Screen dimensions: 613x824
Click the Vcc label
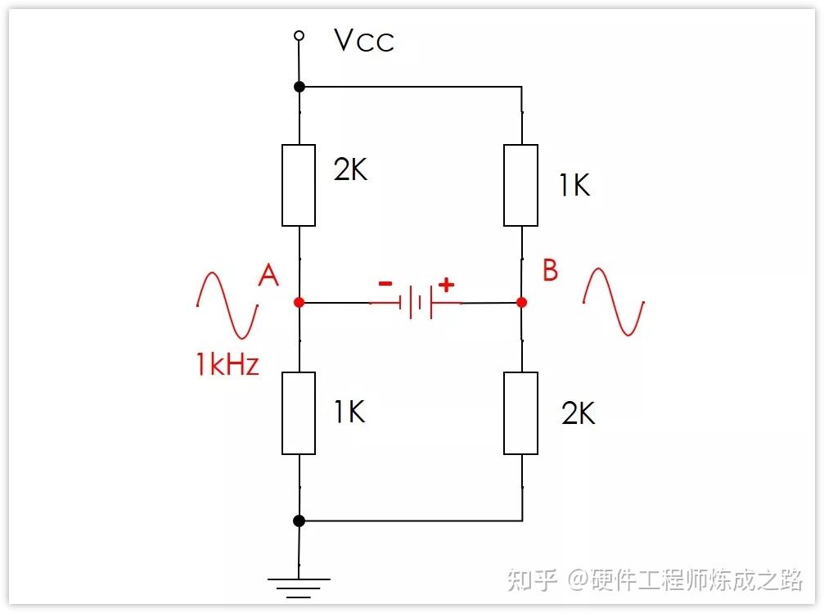coord(364,40)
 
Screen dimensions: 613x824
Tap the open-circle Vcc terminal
coord(299,35)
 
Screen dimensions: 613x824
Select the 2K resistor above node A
coord(299,185)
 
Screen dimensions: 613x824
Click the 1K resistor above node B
coord(521,185)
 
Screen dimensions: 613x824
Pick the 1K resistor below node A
coord(299,412)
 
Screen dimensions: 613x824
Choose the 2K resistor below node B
coord(521,412)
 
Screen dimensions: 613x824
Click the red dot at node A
coord(299,302)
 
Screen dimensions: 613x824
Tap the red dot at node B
coord(522,302)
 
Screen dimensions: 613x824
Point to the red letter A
coord(268,276)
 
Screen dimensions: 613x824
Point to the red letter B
coord(550,270)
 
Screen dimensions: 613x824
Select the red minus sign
coord(384,284)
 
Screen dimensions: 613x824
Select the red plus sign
coord(446,285)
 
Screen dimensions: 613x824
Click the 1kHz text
coord(227,364)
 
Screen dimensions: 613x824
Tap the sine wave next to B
coord(614,301)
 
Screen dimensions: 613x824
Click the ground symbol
coord(299,584)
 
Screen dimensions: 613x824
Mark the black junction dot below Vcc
coord(299,86)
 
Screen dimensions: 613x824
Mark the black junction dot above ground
coord(299,521)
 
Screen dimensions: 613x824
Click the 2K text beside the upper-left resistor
coord(350,169)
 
